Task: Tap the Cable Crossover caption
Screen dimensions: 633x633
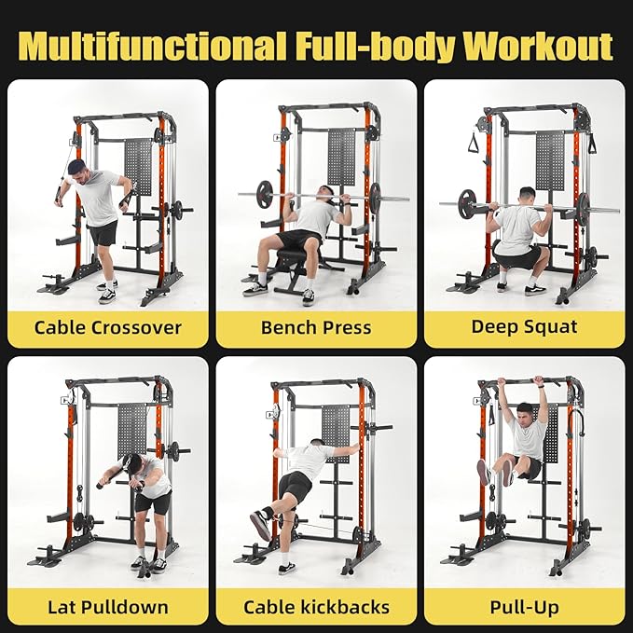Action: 108,327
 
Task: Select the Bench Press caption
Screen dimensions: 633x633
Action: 316,327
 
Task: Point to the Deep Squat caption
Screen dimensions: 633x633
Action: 524,326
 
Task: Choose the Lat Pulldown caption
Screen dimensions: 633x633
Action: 108,608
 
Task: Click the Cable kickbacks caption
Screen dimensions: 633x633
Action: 316,608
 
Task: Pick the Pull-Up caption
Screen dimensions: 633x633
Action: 524,608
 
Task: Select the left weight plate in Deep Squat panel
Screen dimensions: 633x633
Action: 468,203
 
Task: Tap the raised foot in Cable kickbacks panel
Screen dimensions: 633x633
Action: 260,527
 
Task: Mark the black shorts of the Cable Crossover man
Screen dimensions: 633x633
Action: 103,232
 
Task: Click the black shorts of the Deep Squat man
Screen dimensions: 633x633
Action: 516,255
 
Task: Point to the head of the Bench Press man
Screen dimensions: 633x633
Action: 325,194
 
